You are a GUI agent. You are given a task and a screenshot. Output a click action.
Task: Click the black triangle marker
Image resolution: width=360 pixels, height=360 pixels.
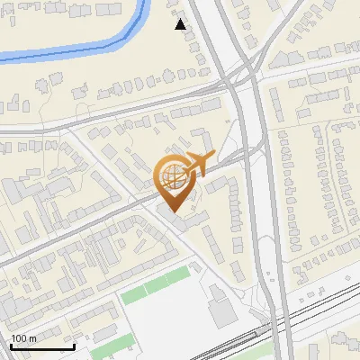click(181, 24)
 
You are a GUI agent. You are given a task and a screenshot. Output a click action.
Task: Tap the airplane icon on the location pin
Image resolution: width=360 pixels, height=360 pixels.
click(197, 165)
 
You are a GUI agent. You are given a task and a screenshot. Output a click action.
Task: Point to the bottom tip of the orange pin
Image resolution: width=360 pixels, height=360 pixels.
click(172, 212)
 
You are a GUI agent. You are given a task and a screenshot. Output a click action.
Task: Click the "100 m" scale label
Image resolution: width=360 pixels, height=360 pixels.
click(23, 338)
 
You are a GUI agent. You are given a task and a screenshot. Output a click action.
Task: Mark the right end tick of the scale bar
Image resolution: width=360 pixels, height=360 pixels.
click(74, 346)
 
